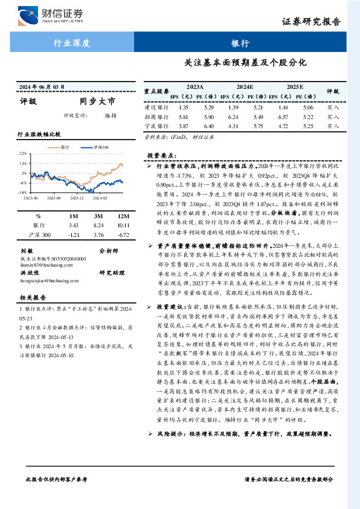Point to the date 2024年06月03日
pos(43,86)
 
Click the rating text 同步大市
pos(97,102)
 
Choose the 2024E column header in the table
pos(245,87)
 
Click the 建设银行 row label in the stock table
pos(156,107)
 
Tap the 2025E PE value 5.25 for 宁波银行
pos(307,126)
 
